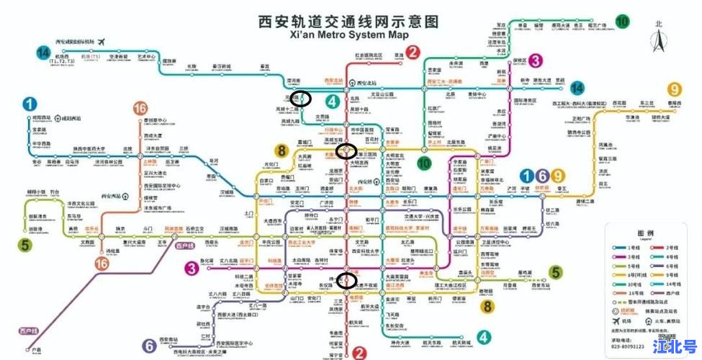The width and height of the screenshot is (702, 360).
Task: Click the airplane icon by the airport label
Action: [101, 40]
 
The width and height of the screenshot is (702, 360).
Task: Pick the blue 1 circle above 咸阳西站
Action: [30, 105]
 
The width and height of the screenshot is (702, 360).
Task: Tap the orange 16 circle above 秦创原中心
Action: [140, 109]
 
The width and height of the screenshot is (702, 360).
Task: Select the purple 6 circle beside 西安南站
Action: [149, 345]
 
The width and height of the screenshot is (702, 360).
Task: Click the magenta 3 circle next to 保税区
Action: [535, 62]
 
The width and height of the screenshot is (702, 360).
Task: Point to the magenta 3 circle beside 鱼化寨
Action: [192, 269]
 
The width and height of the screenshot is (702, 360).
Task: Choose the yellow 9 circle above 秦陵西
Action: [674, 90]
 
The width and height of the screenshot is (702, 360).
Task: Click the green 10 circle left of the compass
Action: [621, 21]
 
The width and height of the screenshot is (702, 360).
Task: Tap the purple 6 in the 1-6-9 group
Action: [542, 175]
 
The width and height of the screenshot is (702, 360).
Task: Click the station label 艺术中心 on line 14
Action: [147, 57]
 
